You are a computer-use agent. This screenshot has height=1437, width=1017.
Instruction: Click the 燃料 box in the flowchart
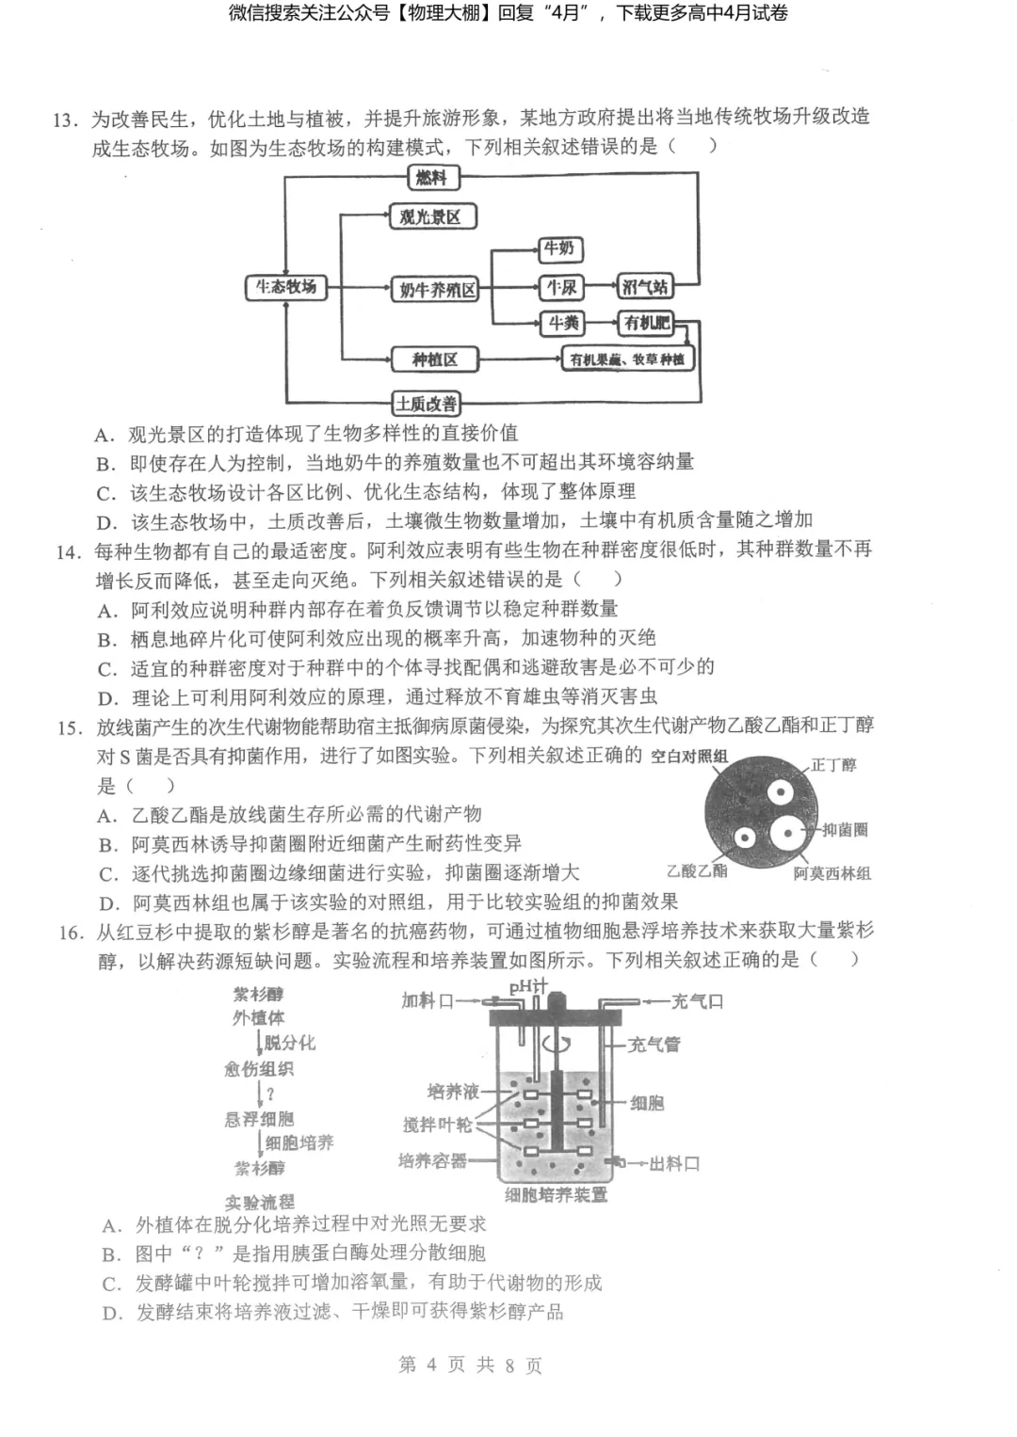(x=432, y=177)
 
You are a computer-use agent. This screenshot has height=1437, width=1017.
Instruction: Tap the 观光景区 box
(x=432, y=216)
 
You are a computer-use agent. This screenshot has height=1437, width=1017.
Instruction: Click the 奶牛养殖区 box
(x=436, y=290)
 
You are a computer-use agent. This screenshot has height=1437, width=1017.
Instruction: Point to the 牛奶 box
(x=559, y=248)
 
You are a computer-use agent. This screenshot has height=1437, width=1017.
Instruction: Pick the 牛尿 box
(x=560, y=287)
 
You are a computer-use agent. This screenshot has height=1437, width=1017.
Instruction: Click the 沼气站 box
(x=644, y=287)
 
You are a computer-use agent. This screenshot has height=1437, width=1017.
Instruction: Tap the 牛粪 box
(x=562, y=324)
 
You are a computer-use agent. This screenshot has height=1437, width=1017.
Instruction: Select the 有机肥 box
(x=646, y=324)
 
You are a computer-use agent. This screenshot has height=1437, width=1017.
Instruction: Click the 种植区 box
(x=435, y=359)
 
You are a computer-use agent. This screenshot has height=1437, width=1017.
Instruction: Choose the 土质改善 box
(x=427, y=404)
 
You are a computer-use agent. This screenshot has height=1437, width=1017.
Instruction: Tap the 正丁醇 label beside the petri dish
(x=834, y=764)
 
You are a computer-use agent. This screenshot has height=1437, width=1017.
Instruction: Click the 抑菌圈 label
(x=845, y=829)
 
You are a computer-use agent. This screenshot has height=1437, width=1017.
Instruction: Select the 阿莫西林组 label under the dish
(x=831, y=873)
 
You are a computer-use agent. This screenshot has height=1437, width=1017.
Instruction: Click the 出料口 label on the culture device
(x=674, y=1164)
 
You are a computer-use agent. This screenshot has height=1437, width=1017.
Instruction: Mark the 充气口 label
(x=697, y=1001)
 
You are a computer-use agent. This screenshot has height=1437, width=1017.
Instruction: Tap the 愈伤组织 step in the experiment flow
(x=259, y=1069)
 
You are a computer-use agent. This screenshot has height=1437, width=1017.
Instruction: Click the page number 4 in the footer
(x=431, y=1365)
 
